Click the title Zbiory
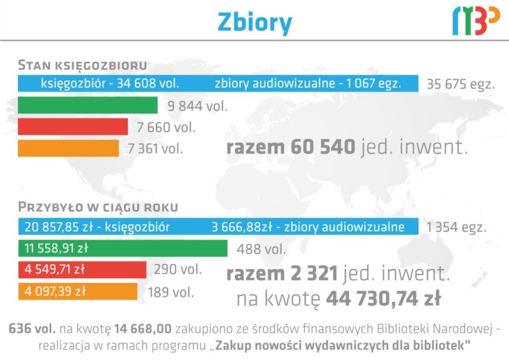pyautogui.click(x=255, y=23)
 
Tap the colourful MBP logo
pyautogui.click(x=476, y=21)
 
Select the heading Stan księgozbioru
pyautogui.click(x=83, y=65)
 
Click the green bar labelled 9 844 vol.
pyautogui.click(x=88, y=105)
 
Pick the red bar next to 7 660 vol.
pyautogui.click(x=73, y=127)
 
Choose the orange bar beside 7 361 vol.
pyautogui.click(x=68, y=148)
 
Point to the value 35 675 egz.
pyautogui.click(x=461, y=84)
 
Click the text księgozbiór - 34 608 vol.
pyautogui.click(x=110, y=83)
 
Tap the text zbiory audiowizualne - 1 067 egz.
pyautogui.click(x=308, y=83)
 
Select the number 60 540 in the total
pyautogui.click(x=323, y=147)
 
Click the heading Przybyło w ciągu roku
pyautogui.click(x=98, y=207)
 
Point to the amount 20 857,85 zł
pyautogui.click(x=59, y=226)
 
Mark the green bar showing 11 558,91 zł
pyautogui.click(x=123, y=248)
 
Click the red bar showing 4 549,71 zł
pyautogui.click(x=82, y=270)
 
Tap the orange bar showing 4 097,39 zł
pyautogui.click(x=78, y=291)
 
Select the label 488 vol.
pyautogui.click(x=261, y=249)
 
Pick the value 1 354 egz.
pyautogui.click(x=456, y=227)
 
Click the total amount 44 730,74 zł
pyautogui.click(x=384, y=298)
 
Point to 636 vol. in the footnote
pyautogui.click(x=32, y=328)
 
